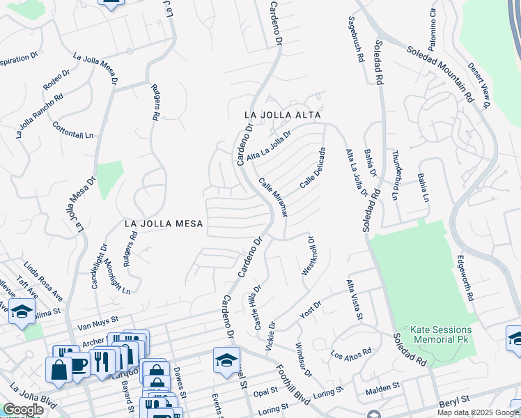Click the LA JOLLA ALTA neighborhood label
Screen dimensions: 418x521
(282, 114)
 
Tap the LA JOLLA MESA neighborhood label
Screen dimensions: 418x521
(164, 224)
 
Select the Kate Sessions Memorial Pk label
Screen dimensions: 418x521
(433, 334)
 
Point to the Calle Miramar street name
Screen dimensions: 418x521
(273, 197)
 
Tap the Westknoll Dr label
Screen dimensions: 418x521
(307, 255)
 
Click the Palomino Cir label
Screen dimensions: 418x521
(433, 22)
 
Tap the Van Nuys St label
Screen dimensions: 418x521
(94, 325)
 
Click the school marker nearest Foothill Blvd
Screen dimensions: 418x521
(227, 361)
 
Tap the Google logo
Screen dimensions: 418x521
(23, 410)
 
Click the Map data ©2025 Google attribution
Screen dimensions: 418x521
(477, 412)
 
